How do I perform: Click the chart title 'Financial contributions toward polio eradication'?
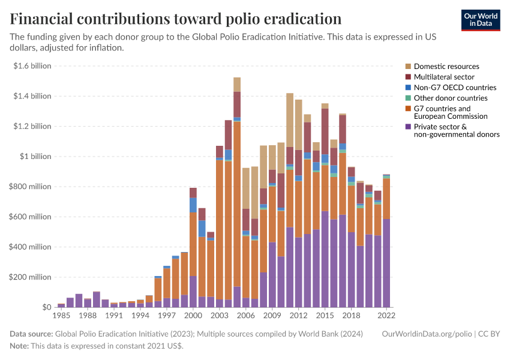(176, 19)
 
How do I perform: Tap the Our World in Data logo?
(480, 20)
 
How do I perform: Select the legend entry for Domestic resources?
(446, 66)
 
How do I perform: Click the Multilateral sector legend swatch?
(409, 77)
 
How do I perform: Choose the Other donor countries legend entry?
(451, 98)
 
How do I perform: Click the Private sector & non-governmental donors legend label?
(457, 131)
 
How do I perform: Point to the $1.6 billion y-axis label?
(34, 66)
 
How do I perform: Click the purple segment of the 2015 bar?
(325, 259)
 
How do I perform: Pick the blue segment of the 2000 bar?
(193, 205)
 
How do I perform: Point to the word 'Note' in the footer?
(19, 346)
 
